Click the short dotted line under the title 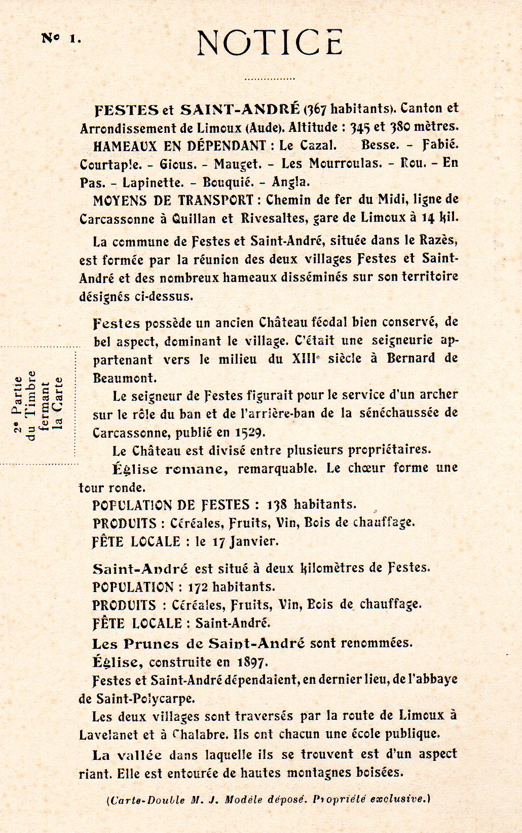click(x=269, y=79)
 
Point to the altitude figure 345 click(x=361, y=127)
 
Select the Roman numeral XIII click(x=304, y=359)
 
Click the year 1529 click(x=249, y=433)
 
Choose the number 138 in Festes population click(x=277, y=505)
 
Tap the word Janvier click(x=254, y=541)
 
